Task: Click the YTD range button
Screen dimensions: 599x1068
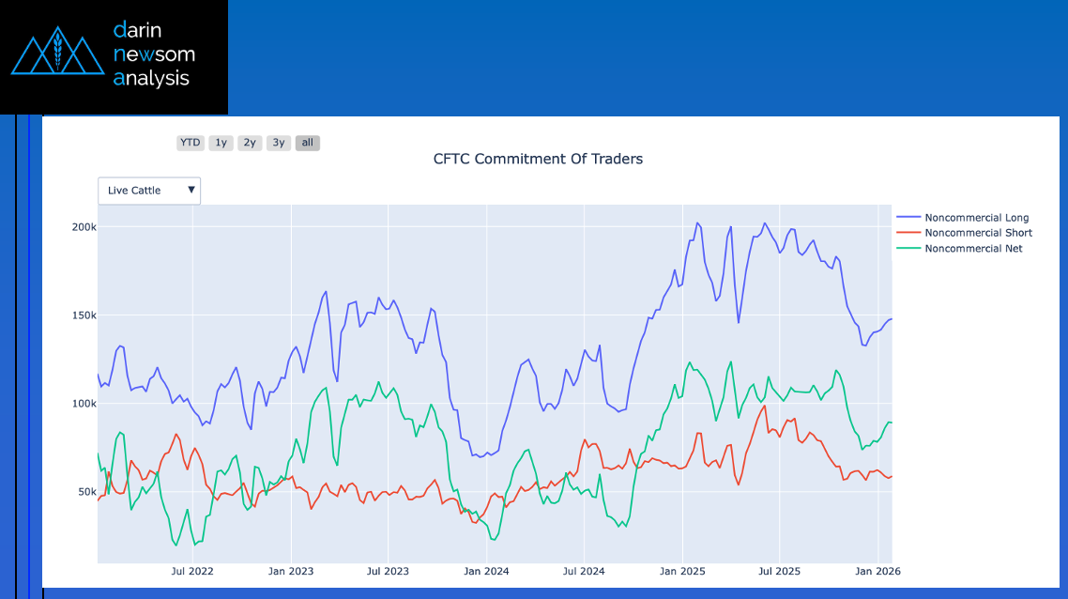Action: pyautogui.click(x=190, y=143)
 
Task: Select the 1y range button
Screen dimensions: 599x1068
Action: pyautogui.click(x=221, y=143)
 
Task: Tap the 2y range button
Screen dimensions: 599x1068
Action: pyautogui.click(x=250, y=143)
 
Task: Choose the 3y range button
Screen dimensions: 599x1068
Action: pyautogui.click(x=278, y=143)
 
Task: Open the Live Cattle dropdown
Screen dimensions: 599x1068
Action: pyautogui.click(x=149, y=191)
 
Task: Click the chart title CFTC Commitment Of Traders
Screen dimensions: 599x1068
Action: pyautogui.click(x=538, y=159)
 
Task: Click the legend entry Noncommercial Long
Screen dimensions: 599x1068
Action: pyautogui.click(x=976, y=218)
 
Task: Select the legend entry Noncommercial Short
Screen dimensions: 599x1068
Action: pyautogui.click(x=978, y=233)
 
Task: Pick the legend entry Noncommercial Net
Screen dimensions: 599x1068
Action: pyautogui.click(x=973, y=249)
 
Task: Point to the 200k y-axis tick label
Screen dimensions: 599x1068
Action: pyautogui.click(x=84, y=227)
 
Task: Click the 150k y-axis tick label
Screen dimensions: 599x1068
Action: pyautogui.click(x=84, y=315)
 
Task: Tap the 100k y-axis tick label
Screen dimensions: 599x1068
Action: pyautogui.click(x=84, y=404)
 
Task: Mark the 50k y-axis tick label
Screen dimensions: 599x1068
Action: pyautogui.click(x=86, y=492)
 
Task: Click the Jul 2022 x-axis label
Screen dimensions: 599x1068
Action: pyautogui.click(x=191, y=571)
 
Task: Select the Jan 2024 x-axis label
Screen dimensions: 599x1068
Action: pyautogui.click(x=486, y=571)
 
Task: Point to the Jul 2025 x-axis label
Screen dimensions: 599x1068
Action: pyautogui.click(x=779, y=571)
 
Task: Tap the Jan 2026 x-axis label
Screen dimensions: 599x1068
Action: pyautogui.click(x=877, y=571)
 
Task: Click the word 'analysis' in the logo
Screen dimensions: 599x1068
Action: pyautogui.click(x=151, y=79)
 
